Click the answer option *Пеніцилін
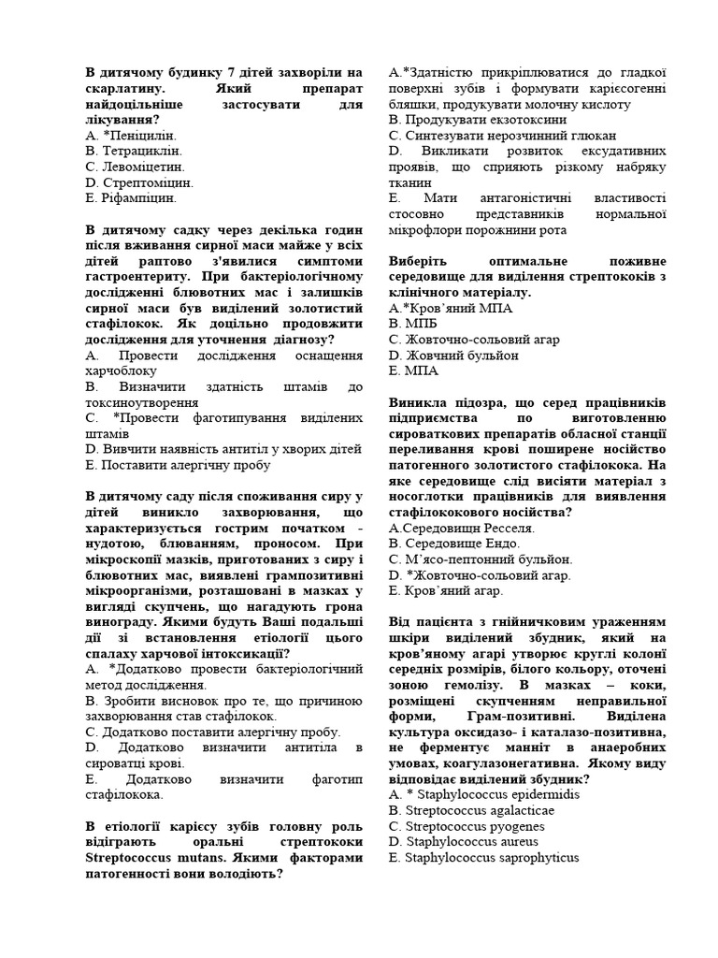pyautogui.click(x=136, y=135)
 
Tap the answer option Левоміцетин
pyautogui.click(x=136, y=167)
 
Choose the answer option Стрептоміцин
pyautogui.click(x=139, y=182)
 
